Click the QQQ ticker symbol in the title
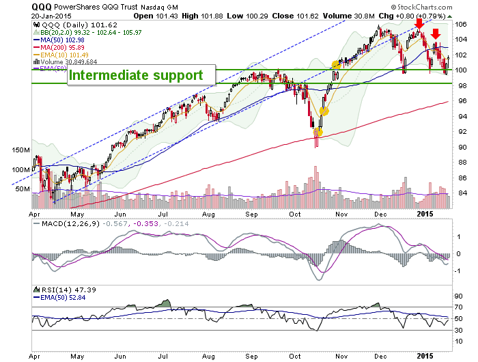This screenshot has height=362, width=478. tap(42, 7)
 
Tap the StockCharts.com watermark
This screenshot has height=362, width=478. tap(421, 7)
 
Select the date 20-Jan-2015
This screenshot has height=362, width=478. tap(51, 16)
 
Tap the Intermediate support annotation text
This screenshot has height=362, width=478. tap(136, 75)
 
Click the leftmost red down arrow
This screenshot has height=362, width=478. tap(419, 24)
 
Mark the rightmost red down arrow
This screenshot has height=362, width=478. tap(436, 34)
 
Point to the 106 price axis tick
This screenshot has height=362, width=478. tap(461, 25)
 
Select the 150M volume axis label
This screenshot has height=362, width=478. tap(21, 150)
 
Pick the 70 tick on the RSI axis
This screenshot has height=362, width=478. tap(459, 307)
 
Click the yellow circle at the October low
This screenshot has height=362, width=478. tap(318, 132)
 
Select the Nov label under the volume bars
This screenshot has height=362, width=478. tap(341, 214)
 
